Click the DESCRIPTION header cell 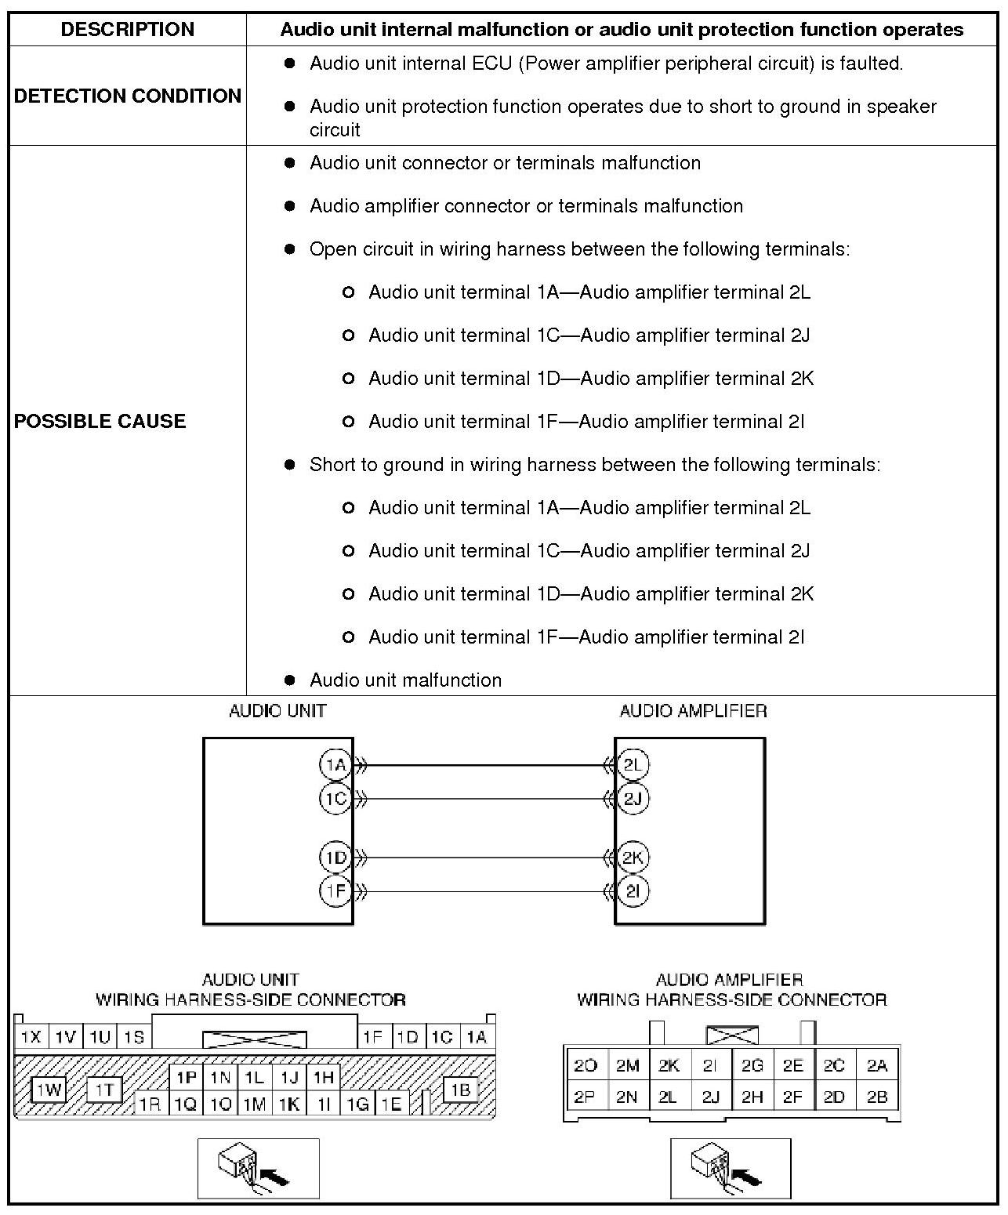coord(127,30)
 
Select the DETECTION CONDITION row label coord(128,96)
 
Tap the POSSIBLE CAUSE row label coord(100,421)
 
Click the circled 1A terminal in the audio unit coord(335,764)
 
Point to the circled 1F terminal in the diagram coord(335,891)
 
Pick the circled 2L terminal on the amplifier coord(633,764)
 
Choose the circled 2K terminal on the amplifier coord(633,858)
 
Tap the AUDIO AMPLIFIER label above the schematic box coord(693,711)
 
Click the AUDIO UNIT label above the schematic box coord(277,711)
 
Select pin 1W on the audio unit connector coord(49,1090)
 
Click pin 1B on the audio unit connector coord(461,1090)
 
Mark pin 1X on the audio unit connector coord(31,1037)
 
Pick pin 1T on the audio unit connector coord(104,1090)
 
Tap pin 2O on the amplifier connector coord(585,1065)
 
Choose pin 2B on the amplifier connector coord(877,1097)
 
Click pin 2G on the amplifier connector coord(752,1065)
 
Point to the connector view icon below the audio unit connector coord(259,1168)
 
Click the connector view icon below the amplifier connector coord(731,1168)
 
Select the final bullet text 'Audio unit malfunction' coord(405,680)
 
